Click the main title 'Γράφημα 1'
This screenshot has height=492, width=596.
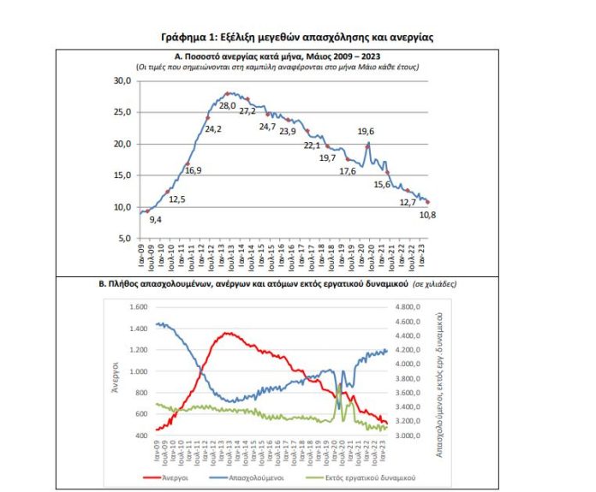pos(298,37)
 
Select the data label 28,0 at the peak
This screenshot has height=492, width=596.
pos(229,104)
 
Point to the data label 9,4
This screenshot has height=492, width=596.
pos(156,220)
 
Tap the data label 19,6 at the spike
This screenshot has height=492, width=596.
pos(366,131)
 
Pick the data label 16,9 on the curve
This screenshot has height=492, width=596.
pos(193,170)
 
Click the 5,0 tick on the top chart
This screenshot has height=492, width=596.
pos(124,238)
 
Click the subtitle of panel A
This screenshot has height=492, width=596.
pos(275,66)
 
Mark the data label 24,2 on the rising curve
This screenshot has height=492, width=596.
pos(213,129)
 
